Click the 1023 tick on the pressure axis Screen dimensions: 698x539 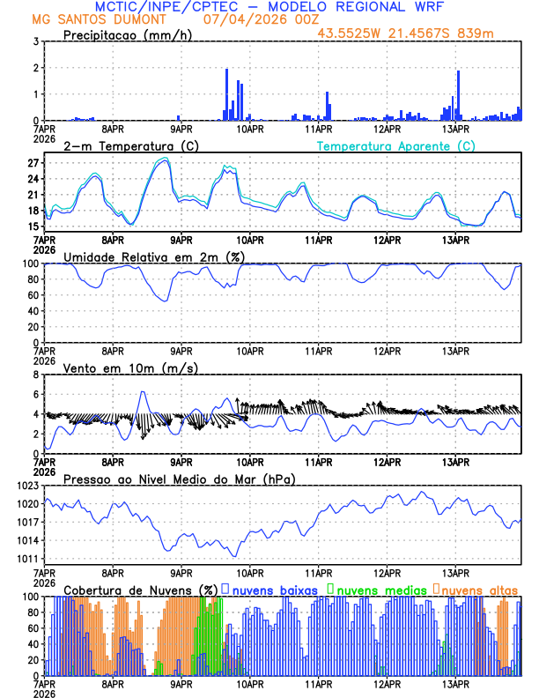[x=26, y=486]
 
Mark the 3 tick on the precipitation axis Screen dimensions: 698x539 [x=35, y=41]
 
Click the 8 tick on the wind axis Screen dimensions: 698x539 [x=35, y=375]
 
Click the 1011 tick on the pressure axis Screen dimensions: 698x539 [x=26, y=559]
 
